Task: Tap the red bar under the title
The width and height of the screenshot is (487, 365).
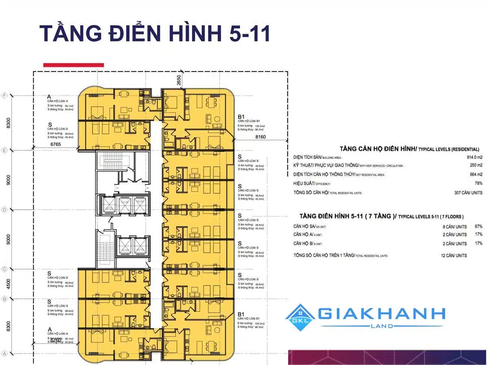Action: coord(73,65)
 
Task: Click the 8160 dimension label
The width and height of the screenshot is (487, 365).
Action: coord(261,137)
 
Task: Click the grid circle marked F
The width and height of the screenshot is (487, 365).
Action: coord(5,96)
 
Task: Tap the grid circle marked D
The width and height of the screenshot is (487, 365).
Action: coord(5,210)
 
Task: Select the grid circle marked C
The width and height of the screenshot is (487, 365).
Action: coord(5,269)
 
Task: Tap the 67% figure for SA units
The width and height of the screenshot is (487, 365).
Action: coord(478,226)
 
